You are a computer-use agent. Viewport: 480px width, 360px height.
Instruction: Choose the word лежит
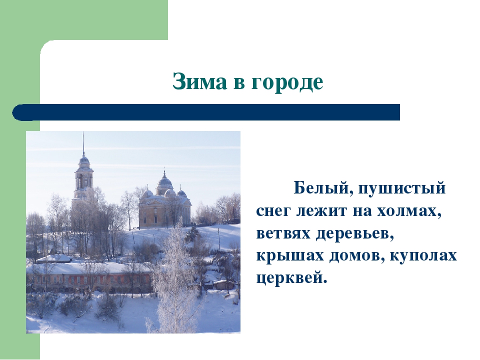pyautogui.click(x=322, y=211)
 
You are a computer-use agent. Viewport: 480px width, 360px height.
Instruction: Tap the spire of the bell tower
pyautogui.click(x=83, y=144)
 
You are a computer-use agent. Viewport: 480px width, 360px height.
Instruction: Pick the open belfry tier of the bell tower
pyautogui.click(x=83, y=180)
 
